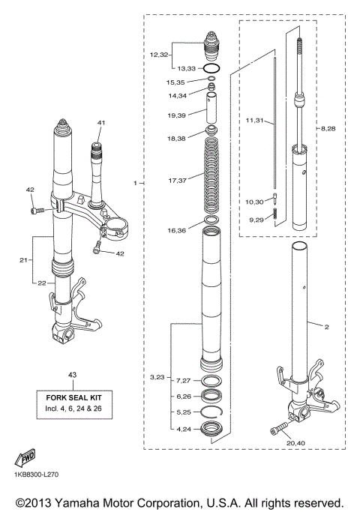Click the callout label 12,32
tap(160, 55)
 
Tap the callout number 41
tap(101, 121)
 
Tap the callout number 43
tap(72, 375)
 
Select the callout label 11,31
tap(255, 121)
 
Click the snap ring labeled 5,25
tap(211, 412)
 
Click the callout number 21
tap(23, 259)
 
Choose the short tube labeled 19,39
tap(212, 116)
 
